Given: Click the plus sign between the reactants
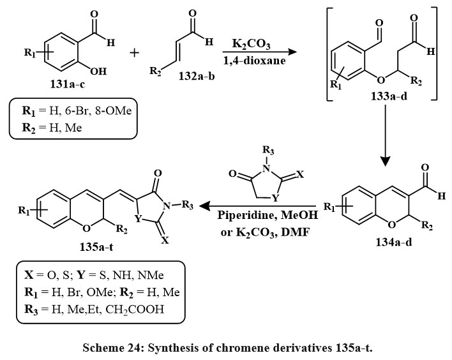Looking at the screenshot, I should pyautogui.click(x=135, y=52).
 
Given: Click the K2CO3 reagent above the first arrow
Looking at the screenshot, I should pyautogui.click(x=246, y=45).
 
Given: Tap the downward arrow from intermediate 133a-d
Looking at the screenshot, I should pyautogui.click(x=385, y=140).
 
